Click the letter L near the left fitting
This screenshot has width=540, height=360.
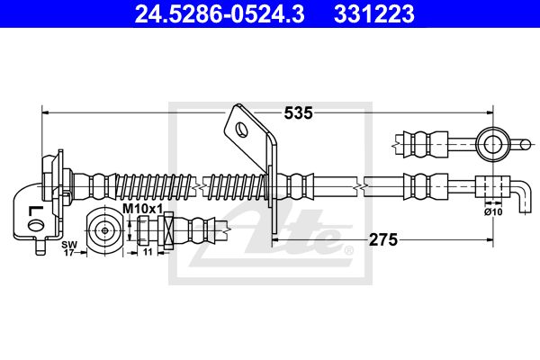tap(34, 211)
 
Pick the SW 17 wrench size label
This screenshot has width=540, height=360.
tap(67, 248)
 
